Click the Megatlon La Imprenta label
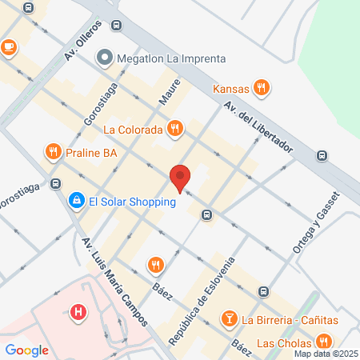point(171,58)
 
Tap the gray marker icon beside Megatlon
point(104,58)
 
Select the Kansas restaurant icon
point(260,88)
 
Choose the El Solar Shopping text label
point(132,202)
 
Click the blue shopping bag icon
point(76,201)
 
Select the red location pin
point(180,178)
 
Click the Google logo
point(26,350)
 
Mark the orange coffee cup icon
point(8,47)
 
